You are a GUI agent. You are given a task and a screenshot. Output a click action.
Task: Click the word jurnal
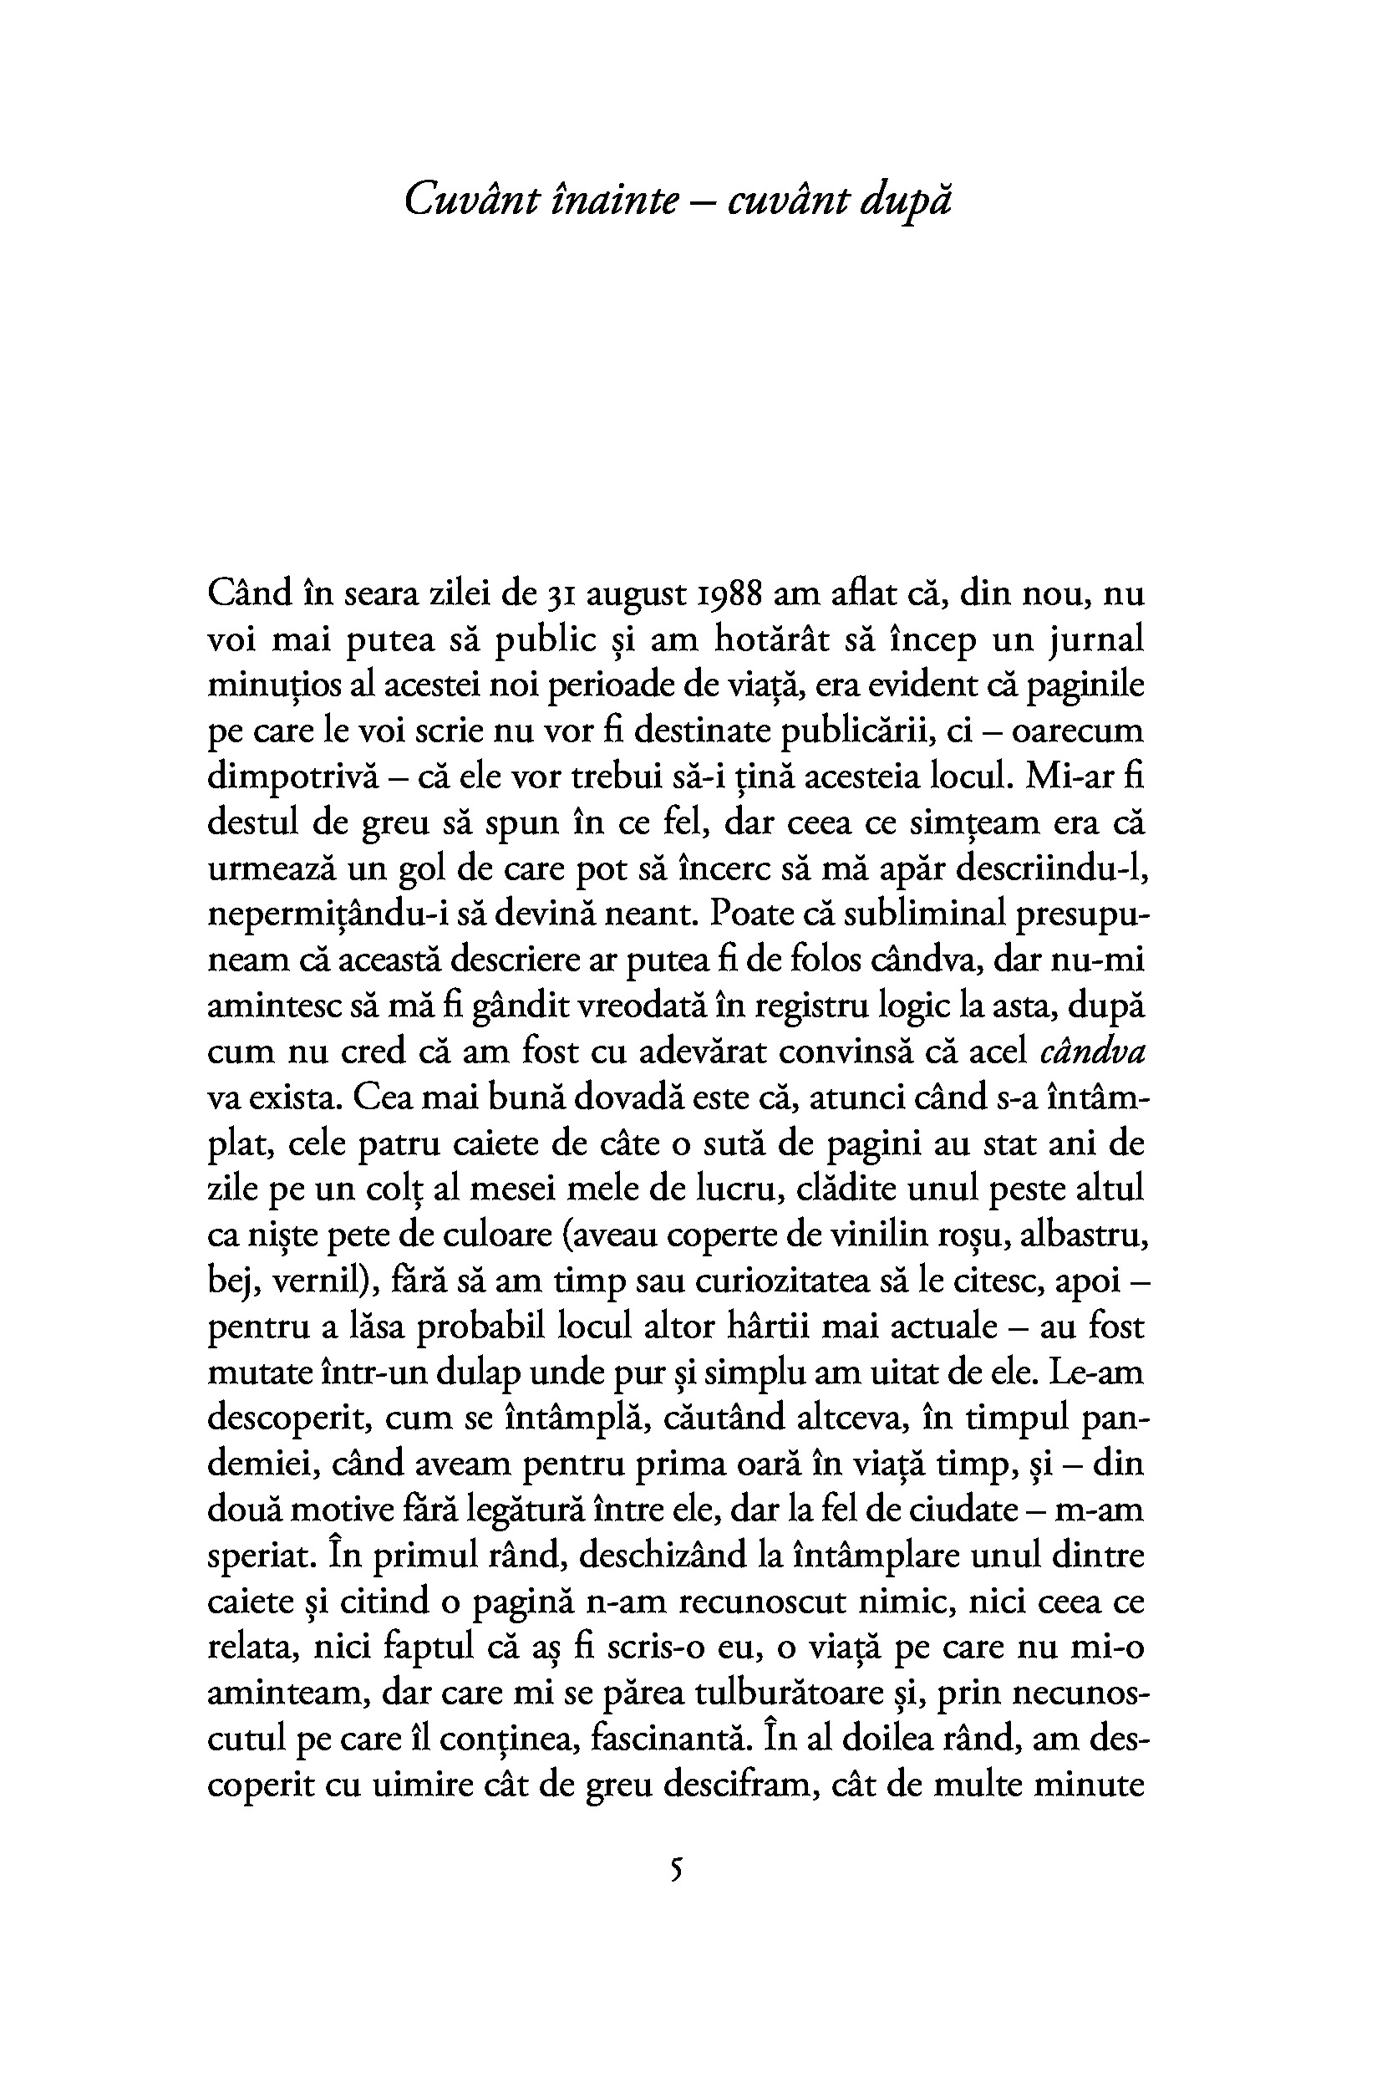pos(1095,641)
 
